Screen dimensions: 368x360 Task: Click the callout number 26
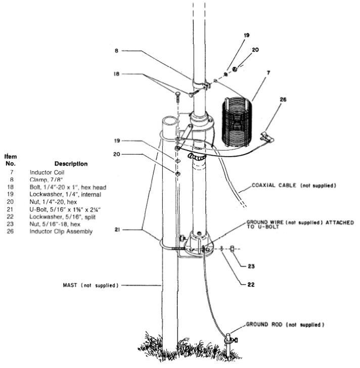click(282, 100)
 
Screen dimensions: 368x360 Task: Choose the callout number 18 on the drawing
click(116, 74)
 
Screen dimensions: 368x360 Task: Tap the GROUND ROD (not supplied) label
click(285, 324)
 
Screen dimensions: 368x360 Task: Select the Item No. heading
click(11, 160)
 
